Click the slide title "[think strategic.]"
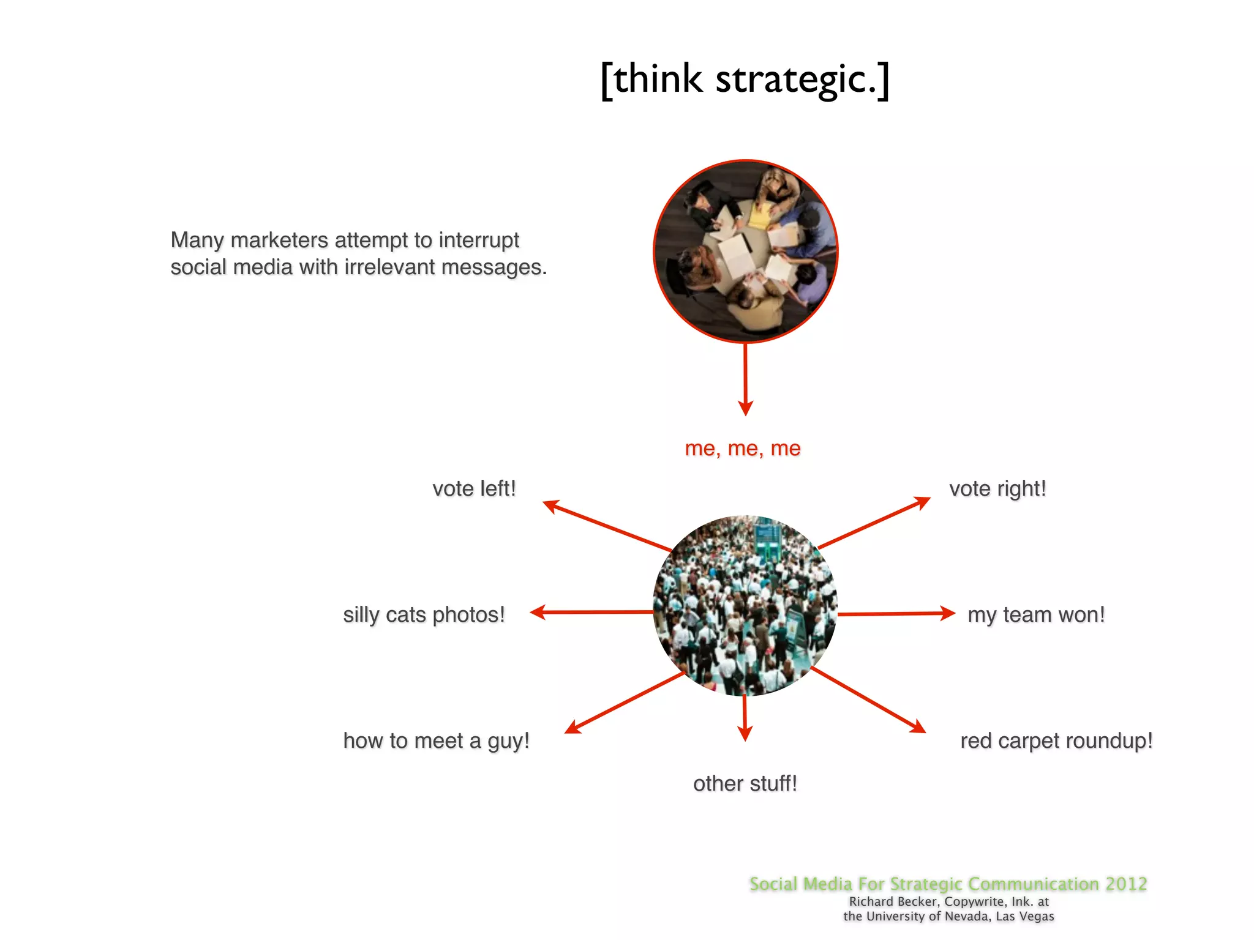point(745,80)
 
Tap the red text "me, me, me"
point(742,449)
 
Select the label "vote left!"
point(474,489)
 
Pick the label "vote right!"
point(997,489)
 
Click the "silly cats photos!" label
point(424,614)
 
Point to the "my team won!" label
point(1036,614)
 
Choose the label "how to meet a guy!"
point(436,740)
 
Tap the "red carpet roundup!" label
point(1056,740)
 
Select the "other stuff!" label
point(745,783)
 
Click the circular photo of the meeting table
point(745,251)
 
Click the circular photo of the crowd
point(745,606)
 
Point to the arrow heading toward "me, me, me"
point(745,379)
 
